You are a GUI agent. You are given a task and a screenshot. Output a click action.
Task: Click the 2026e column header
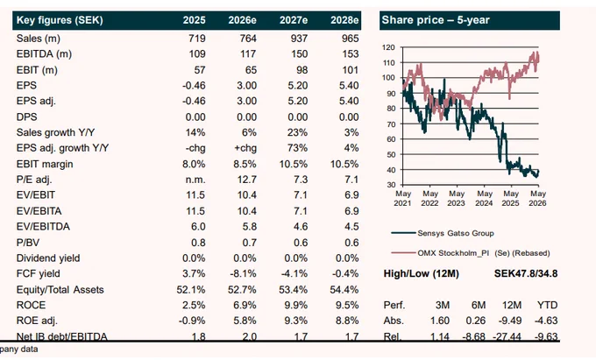242,20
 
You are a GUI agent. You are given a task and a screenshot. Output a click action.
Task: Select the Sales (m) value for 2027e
299,39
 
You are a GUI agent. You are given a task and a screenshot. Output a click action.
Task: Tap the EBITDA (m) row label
44,54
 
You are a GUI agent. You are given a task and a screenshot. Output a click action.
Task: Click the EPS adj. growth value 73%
297,148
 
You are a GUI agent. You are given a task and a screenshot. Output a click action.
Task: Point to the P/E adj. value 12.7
246,180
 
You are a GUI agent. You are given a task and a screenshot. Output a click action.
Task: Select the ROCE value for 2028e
347,305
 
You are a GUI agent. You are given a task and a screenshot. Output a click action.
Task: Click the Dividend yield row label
48,258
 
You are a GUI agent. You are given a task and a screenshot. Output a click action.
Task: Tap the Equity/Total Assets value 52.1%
191,289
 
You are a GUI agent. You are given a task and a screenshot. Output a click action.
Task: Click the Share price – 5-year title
436,20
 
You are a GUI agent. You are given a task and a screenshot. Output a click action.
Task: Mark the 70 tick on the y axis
391,124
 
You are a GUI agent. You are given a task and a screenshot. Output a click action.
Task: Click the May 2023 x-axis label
457,198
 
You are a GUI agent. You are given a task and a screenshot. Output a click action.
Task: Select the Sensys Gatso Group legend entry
443,233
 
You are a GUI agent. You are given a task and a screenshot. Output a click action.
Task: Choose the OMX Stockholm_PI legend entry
471,253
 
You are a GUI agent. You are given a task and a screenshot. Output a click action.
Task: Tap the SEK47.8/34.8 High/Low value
526,273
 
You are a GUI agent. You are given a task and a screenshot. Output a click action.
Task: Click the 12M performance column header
512,305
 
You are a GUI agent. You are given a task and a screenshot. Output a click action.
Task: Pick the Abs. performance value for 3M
440,321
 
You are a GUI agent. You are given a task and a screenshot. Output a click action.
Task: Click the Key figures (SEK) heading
60,20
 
